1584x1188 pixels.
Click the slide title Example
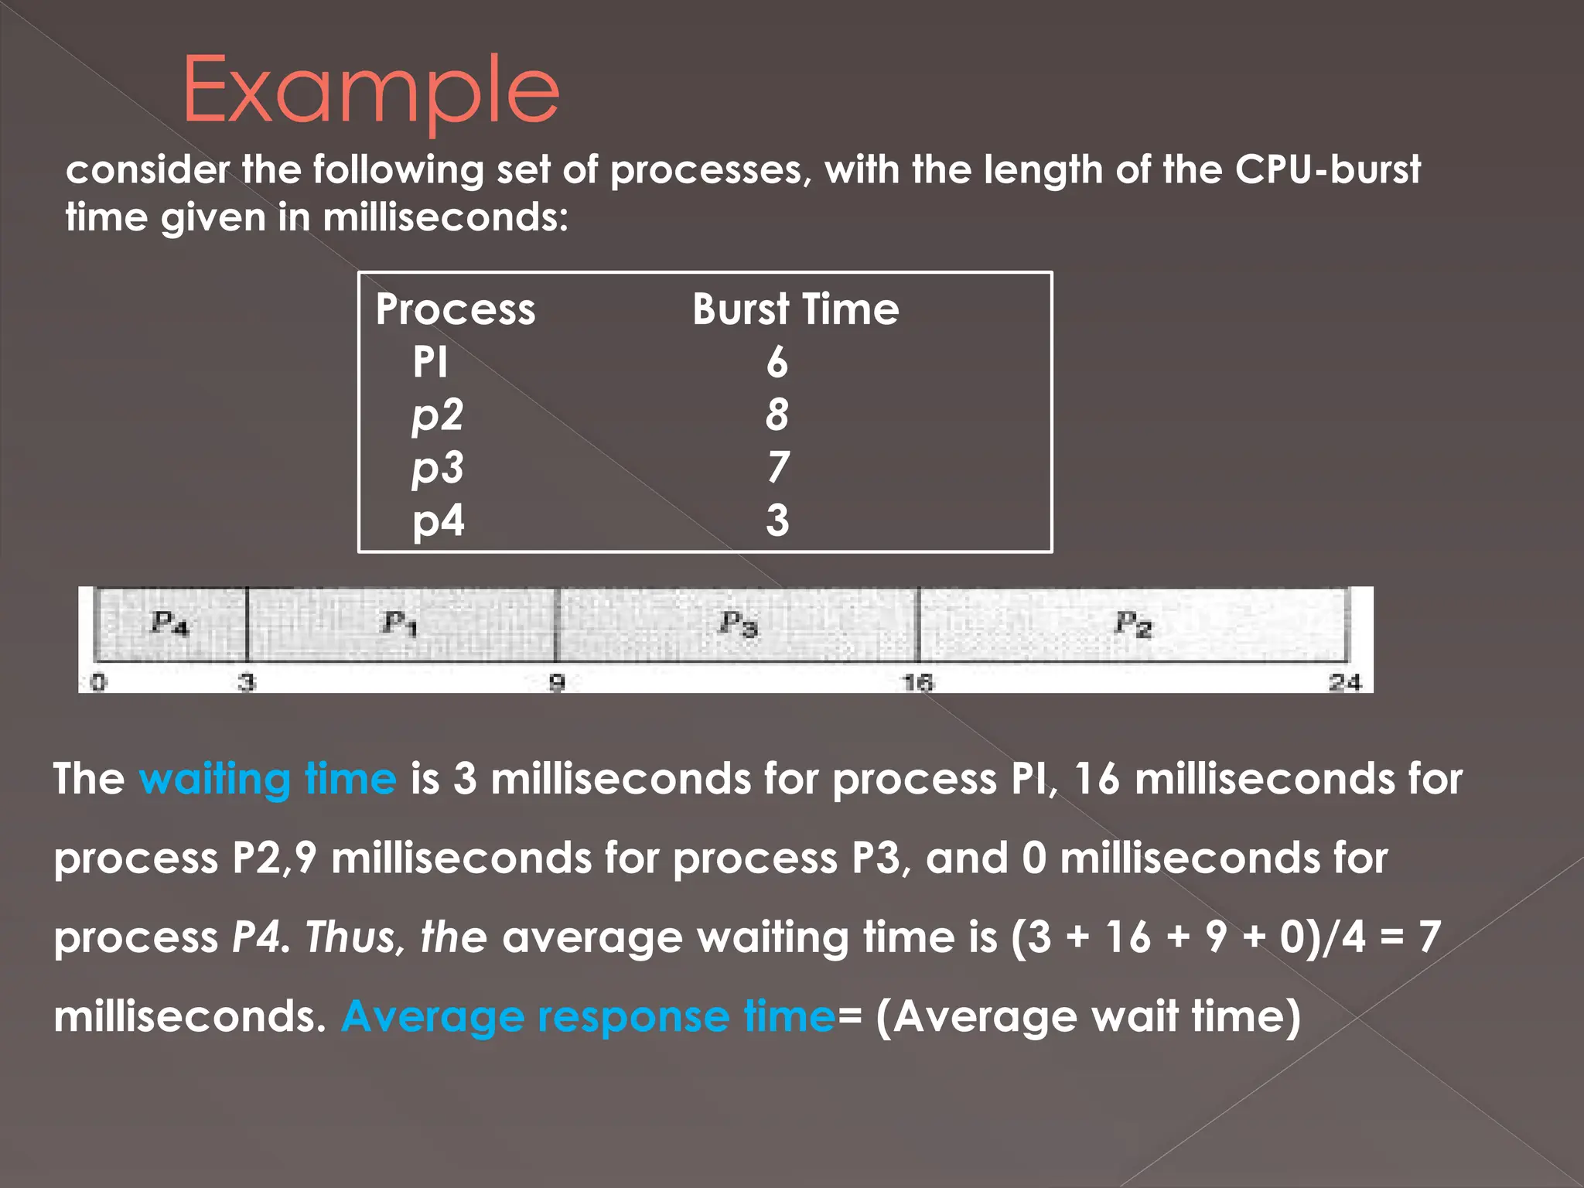click(x=370, y=91)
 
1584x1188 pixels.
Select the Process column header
click(x=455, y=309)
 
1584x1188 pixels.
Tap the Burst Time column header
click(x=795, y=309)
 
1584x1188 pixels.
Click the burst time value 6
click(x=777, y=362)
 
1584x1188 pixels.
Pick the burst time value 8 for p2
click(x=777, y=415)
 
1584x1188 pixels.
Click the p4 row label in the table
click(x=438, y=521)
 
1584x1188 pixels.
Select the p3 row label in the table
click(x=438, y=468)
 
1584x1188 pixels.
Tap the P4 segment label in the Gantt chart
click(x=169, y=623)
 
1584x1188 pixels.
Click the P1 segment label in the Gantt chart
click(x=400, y=623)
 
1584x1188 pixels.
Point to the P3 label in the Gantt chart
click(x=739, y=623)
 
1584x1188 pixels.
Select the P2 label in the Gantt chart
click(x=1133, y=623)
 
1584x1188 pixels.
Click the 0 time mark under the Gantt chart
click(x=98, y=682)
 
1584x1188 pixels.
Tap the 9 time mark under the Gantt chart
click(x=557, y=682)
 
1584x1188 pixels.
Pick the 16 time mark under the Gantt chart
click(x=918, y=682)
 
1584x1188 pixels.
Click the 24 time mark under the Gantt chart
click(x=1345, y=682)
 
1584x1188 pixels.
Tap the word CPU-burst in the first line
click(x=1327, y=169)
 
